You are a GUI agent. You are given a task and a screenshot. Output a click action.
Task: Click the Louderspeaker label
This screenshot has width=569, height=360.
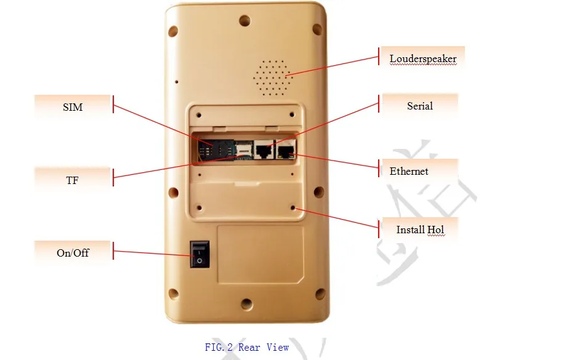[423, 58]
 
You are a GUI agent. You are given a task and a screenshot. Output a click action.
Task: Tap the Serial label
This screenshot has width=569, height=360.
[420, 106]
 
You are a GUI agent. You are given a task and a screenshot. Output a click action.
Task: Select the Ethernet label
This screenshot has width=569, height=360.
[409, 171]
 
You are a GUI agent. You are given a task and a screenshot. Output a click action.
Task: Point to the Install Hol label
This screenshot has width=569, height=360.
[420, 230]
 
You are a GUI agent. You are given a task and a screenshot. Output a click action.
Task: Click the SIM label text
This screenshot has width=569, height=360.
[73, 107]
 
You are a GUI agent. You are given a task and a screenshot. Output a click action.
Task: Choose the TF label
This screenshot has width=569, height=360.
[72, 180]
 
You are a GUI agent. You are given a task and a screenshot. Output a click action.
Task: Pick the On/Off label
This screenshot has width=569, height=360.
[73, 253]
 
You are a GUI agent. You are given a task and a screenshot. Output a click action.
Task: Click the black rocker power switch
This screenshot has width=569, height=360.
[200, 255]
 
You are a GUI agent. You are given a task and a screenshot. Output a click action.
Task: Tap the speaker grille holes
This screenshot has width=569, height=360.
[272, 78]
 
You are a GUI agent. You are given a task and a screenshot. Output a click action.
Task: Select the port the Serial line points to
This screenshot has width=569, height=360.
[264, 149]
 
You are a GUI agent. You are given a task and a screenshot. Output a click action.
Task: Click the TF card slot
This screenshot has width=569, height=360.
[244, 150]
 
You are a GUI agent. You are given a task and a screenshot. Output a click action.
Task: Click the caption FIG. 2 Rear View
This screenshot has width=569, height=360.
[247, 347]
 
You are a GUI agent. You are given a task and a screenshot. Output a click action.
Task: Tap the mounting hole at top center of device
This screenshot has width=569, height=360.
[245, 20]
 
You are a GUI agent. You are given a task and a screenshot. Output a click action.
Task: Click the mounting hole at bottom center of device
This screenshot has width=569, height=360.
[247, 304]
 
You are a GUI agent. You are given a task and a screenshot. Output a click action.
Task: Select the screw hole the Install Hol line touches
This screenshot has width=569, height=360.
[293, 208]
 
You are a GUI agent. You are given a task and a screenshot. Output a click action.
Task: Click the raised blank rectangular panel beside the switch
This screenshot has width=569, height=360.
[260, 255]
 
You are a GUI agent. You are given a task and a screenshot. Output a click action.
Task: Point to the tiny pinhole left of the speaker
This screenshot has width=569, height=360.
[177, 82]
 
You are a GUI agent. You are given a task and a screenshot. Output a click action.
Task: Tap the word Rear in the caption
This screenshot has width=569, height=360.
[249, 347]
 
